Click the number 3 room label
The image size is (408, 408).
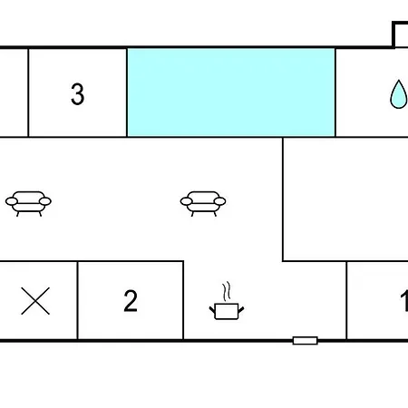tap(77, 94)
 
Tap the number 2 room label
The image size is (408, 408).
tap(131, 301)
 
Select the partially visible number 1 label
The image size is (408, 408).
tap(404, 301)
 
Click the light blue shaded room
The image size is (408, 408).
tap(231, 92)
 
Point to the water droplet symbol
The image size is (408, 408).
tap(399, 94)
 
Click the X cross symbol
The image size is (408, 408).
tap(35, 301)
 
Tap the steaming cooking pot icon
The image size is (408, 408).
tap(227, 301)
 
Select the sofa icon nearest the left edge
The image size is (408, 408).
tap(28, 204)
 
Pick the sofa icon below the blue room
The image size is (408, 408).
tap(203, 204)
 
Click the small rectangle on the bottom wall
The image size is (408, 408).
tap(306, 341)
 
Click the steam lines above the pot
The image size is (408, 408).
tap(227, 291)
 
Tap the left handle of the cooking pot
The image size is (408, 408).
tap(212, 310)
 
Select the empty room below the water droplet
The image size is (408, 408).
tap(345, 199)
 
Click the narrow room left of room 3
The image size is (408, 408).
tap(14, 92)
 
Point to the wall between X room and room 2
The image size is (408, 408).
tap(77, 301)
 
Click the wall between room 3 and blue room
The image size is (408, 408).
tap(127, 92)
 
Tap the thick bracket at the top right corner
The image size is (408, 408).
tap(393, 34)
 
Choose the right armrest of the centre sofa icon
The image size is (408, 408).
tap(219, 201)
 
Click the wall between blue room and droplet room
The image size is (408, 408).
tap(335, 92)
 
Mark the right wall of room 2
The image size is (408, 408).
tap(183, 301)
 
